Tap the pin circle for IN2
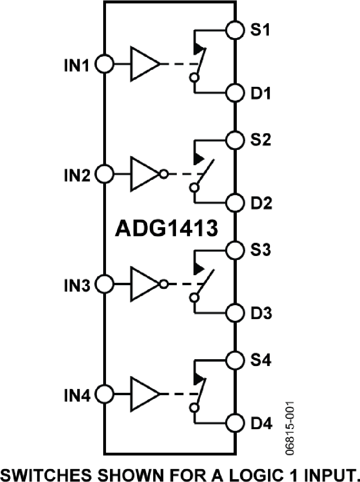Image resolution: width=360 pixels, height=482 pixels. point(105,174)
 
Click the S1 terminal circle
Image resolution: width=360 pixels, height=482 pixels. point(234,30)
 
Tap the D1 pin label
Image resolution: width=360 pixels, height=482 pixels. point(261,94)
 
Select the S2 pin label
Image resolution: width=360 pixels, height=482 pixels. point(261,140)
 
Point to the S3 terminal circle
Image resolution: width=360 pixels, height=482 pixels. point(234,250)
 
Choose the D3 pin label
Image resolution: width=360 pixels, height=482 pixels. point(261,314)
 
